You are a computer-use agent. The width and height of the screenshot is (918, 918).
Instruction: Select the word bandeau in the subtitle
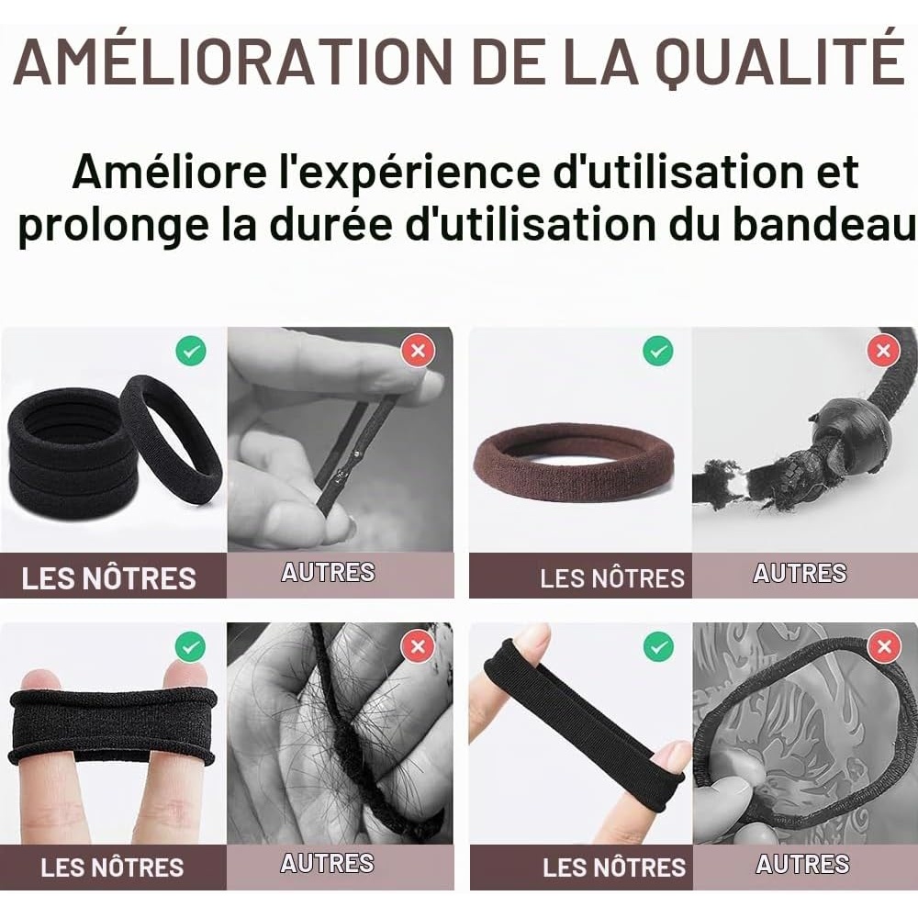coord(825,225)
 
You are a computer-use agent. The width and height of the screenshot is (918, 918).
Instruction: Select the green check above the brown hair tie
coord(657,351)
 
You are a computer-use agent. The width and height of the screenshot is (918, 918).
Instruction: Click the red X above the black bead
coord(883,351)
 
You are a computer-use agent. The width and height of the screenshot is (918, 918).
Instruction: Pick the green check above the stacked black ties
coord(191,352)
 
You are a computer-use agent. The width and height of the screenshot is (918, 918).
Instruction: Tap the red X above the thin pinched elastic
coord(418,351)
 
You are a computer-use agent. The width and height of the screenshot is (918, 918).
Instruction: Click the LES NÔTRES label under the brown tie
coord(611,578)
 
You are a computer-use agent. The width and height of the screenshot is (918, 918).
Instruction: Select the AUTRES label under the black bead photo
coord(800,573)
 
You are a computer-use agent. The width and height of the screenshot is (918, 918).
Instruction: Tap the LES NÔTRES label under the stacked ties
coord(109,578)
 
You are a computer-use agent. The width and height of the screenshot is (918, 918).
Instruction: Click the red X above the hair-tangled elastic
coord(418,646)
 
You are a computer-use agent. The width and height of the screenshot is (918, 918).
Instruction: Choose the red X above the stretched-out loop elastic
coord(884,646)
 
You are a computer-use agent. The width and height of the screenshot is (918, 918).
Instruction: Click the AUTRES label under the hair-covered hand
coord(328,863)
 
